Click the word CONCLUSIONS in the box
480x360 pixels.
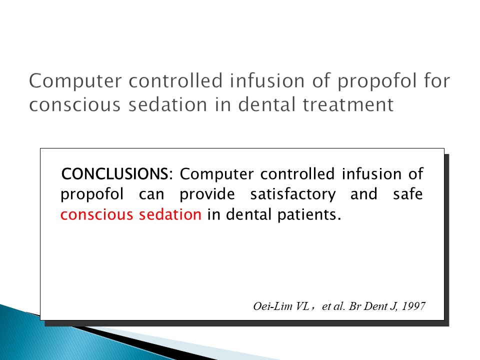point(115,174)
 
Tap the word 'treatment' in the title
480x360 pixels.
point(348,104)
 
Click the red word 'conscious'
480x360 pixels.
point(96,214)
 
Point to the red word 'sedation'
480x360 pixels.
point(170,214)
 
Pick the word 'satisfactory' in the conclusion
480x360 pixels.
point(293,194)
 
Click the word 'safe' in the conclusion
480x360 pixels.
point(408,194)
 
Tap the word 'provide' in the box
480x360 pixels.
point(207,194)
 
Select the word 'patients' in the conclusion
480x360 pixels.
point(309,214)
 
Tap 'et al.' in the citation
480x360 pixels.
point(333,306)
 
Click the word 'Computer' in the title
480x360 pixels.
point(75,81)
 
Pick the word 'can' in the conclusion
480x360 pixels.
point(151,194)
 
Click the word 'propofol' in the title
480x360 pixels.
point(377,81)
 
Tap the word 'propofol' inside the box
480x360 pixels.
point(92,194)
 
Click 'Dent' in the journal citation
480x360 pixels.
point(376,306)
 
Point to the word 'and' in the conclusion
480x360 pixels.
point(363,194)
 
